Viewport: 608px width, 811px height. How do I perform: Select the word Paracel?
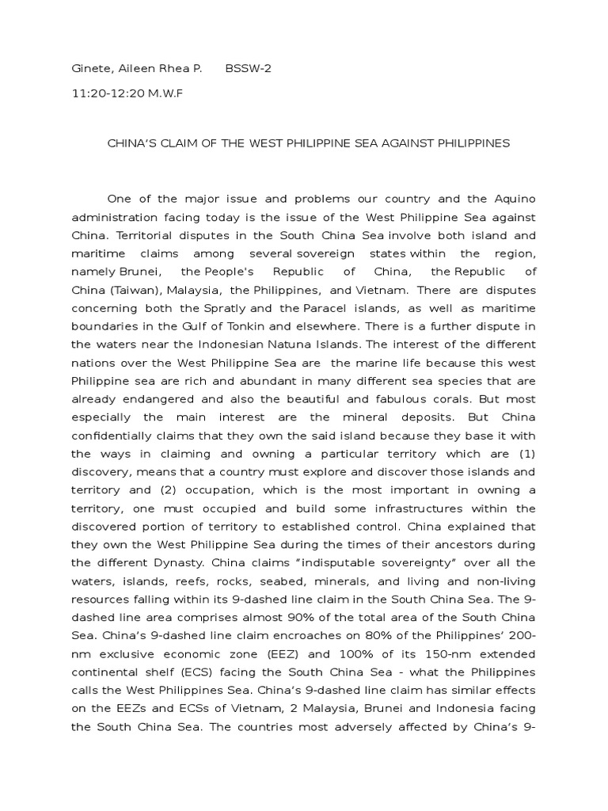[x=325, y=308]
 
